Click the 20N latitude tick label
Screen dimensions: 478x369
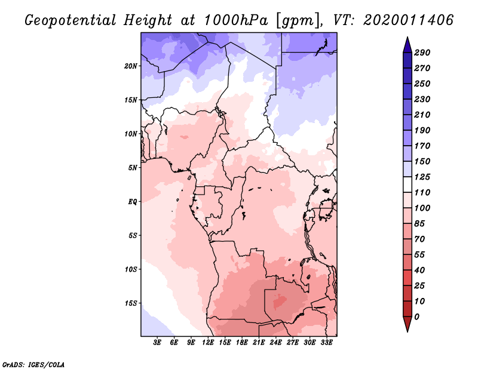(131, 66)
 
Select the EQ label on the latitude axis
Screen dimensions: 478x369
(133, 202)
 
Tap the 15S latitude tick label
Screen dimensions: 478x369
(131, 303)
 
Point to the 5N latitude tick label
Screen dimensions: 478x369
(133, 168)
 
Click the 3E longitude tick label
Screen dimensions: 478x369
(157, 342)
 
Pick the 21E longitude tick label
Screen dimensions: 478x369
(259, 342)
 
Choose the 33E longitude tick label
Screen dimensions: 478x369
(326, 342)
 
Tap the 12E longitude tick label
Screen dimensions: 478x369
(208, 342)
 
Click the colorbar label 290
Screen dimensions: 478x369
(422, 53)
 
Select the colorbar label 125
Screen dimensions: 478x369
(422, 177)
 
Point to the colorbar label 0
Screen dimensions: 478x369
(416, 317)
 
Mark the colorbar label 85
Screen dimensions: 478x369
(419, 224)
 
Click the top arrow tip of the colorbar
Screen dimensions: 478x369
(407, 37)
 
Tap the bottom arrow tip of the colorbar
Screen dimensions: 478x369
(407, 331)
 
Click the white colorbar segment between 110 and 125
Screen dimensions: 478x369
(407, 184)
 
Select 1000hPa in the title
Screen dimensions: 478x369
(236, 20)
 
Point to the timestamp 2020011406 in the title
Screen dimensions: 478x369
(409, 20)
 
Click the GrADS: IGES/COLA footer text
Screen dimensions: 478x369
(33, 365)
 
